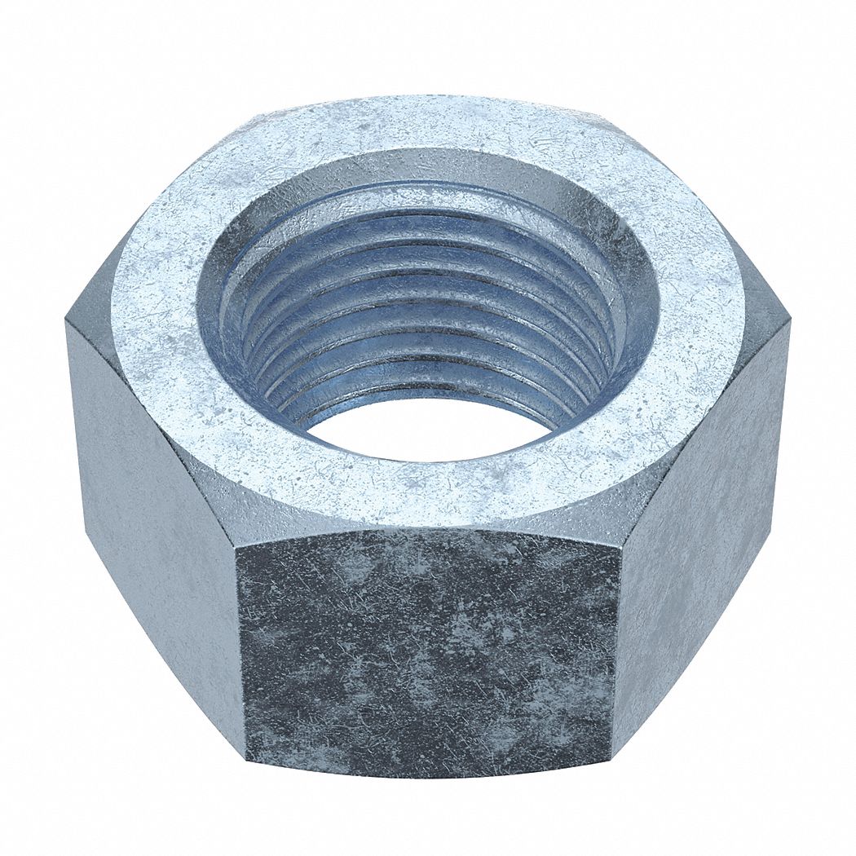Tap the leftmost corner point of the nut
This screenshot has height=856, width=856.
click(66, 322)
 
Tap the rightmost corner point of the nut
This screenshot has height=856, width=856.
click(789, 322)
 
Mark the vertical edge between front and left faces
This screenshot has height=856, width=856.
click(240, 652)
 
